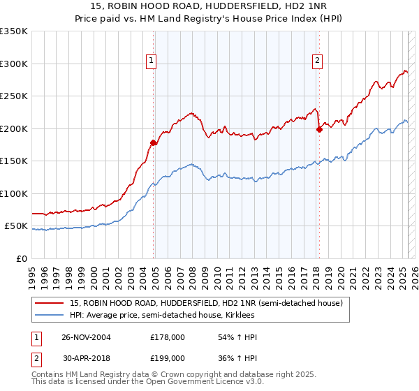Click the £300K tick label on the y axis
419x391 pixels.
[x=13, y=64]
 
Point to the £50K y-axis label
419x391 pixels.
[x=15, y=226]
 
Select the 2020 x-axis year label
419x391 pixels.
[x=340, y=273]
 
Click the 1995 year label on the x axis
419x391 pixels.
[x=31, y=273]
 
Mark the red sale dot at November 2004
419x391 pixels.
[x=153, y=142]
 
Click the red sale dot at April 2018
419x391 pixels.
[x=319, y=129]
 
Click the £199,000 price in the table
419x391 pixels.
[x=168, y=357]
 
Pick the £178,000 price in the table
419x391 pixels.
[x=168, y=337]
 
